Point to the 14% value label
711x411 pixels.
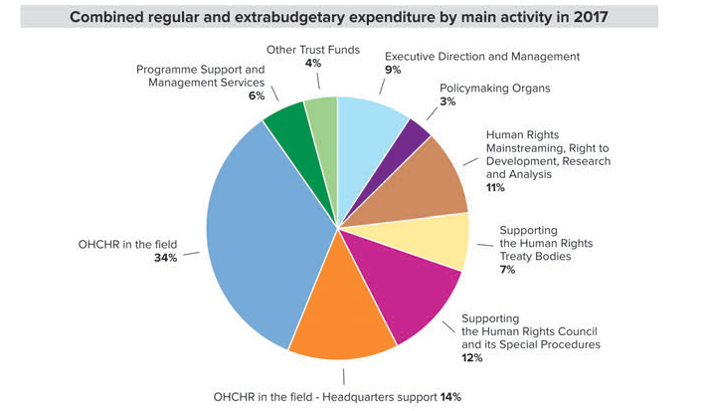click(x=450, y=396)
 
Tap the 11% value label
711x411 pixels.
click(x=495, y=187)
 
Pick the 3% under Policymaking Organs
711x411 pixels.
click(x=446, y=101)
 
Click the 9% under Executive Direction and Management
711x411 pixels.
click(x=393, y=70)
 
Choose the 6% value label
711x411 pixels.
click(x=256, y=96)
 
